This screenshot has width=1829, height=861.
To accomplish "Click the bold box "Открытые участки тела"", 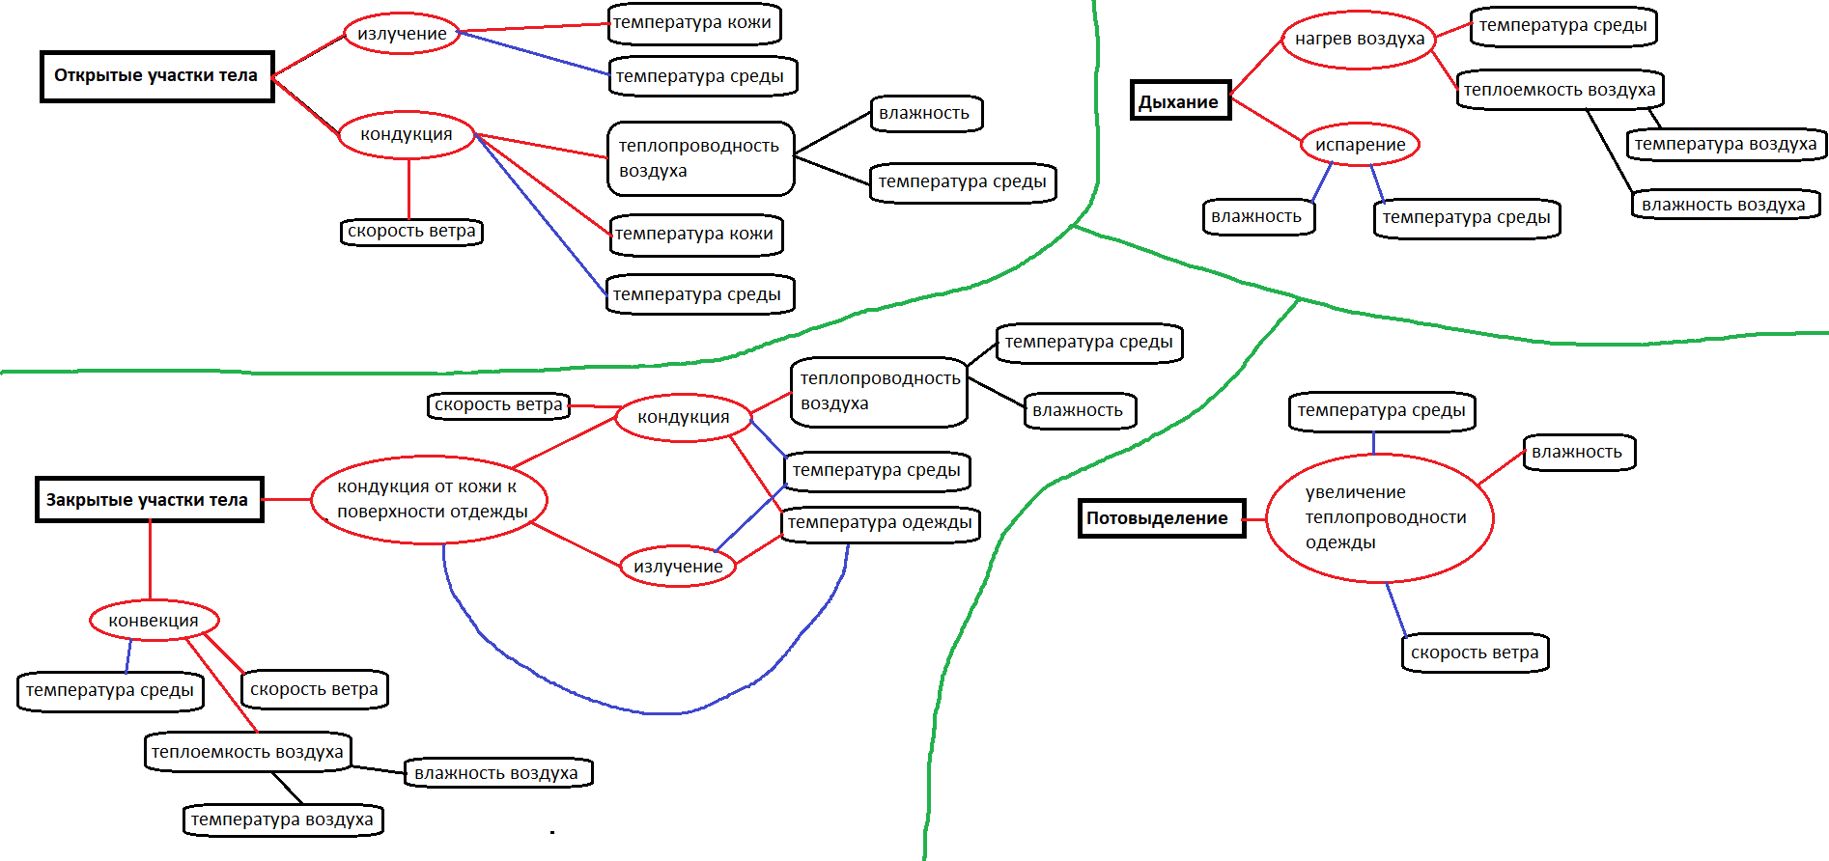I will [156, 76].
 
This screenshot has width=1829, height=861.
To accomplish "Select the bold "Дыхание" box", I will [1180, 101].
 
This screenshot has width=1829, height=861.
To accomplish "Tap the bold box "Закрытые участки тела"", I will [149, 500].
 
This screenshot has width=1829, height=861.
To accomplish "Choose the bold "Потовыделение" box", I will [1161, 518].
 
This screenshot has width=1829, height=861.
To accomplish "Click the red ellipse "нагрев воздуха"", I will [1359, 40].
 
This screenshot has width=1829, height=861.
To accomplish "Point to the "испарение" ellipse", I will [1360, 145].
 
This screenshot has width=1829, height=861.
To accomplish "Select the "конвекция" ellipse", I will [154, 621].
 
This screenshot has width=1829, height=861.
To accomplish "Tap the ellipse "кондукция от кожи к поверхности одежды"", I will [430, 500].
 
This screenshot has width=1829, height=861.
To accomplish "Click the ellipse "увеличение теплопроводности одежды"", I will [1379, 518].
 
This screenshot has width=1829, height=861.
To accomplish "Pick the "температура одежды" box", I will [880, 523].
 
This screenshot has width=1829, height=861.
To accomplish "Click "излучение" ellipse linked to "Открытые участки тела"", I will [402, 34].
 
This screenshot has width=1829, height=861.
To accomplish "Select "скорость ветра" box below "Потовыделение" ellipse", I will [1475, 653].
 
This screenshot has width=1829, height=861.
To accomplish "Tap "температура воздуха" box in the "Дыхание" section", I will [1726, 145].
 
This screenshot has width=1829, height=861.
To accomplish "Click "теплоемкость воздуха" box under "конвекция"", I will [247, 752].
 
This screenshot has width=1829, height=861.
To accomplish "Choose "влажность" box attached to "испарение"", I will [1256, 216].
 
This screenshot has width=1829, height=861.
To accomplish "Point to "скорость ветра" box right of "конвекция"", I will [314, 689].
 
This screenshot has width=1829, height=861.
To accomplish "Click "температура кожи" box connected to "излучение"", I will [692, 23].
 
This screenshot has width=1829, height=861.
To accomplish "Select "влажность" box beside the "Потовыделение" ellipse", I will [1577, 452].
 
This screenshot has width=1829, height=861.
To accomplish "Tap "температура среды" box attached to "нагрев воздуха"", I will [1562, 26].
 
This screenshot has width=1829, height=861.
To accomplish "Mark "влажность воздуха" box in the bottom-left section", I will [496, 773].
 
